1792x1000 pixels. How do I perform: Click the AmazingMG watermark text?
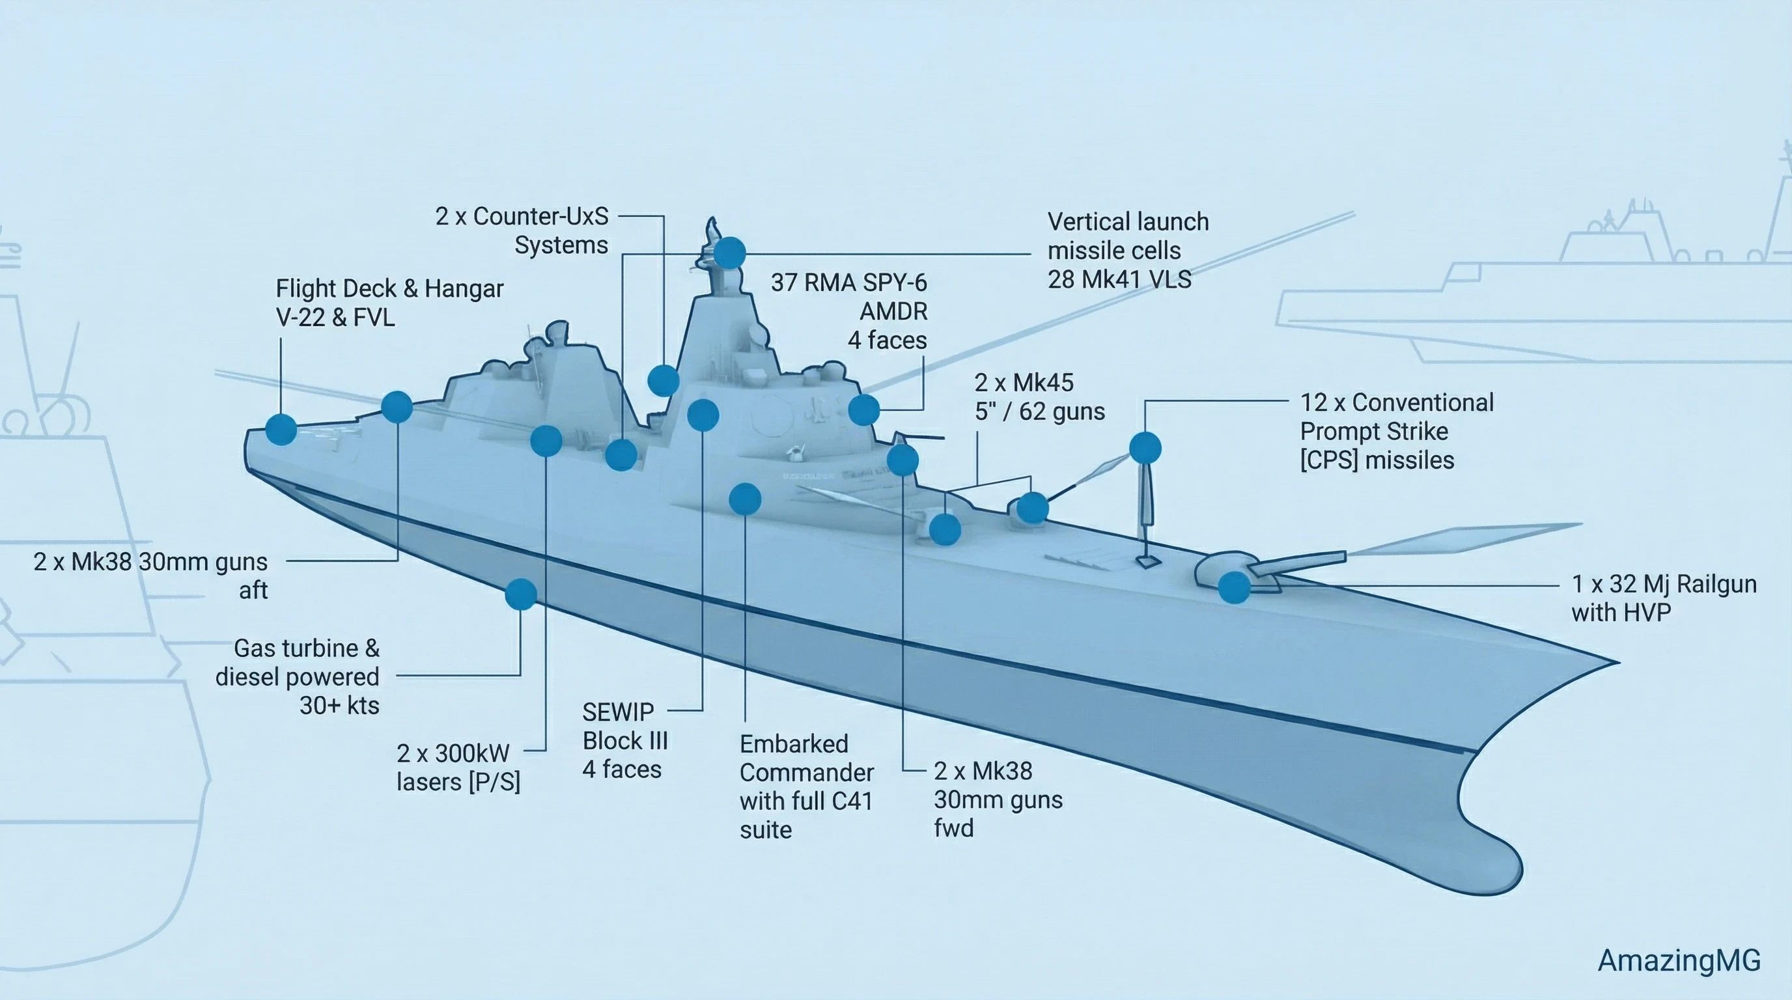[1679, 960]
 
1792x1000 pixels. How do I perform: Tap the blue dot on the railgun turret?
[1233, 588]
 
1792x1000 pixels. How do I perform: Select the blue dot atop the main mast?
[730, 253]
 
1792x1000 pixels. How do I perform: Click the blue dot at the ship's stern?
[281, 429]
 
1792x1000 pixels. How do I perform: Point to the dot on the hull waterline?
[520, 594]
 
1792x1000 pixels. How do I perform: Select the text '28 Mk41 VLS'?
[1119, 279]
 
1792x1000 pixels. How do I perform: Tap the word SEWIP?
[618, 712]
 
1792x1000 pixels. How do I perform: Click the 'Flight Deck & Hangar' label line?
[389, 288]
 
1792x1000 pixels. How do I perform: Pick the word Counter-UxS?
[540, 216]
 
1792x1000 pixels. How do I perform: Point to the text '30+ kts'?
[339, 706]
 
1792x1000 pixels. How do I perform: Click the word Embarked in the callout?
[794, 744]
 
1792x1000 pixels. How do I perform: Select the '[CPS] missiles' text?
[1377, 460]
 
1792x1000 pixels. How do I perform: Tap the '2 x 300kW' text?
[453, 753]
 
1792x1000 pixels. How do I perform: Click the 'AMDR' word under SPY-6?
[893, 312]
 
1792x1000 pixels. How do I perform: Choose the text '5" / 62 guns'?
[1039, 411]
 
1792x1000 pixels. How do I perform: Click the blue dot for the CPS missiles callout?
[1145, 447]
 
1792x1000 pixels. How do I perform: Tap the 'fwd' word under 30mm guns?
[953, 828]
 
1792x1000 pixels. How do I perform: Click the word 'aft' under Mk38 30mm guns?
[253, 590]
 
